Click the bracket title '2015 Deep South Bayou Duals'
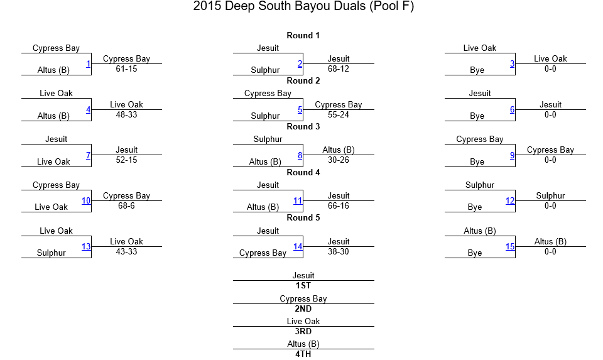click(x=279, y=6)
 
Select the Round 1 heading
click(x=303, y=35)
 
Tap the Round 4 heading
click(x=303, y=172)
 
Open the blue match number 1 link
click(x=88, y=64)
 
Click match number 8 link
click(x=300, y=155)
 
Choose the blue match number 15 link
click(x=510, y=246)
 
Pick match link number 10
click(x=86, y=201)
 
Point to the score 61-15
click(x=126, y=69)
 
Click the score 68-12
click(x=339, y=69)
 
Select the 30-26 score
click(x=339, y=160)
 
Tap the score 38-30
click(x=339, y=251)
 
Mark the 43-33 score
click(x=126, y=251)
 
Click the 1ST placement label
click(x=303, y=285)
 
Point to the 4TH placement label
click(x=303, y=354)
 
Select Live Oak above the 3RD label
click(x=303, y=321)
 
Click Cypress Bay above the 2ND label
click(x=303, y=299)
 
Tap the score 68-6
click(x=126, y=206)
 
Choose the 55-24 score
click(x=339, y=114)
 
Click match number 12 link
click(x=510, y=201)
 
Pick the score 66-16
click(x=339, y=206)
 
